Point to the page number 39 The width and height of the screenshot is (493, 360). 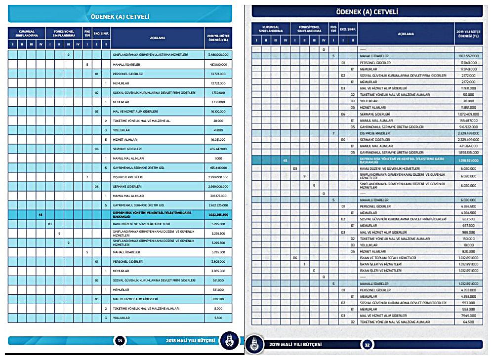120,340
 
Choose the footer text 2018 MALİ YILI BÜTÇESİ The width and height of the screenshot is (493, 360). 190,340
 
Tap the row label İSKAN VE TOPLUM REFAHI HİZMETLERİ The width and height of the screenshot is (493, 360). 388,258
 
